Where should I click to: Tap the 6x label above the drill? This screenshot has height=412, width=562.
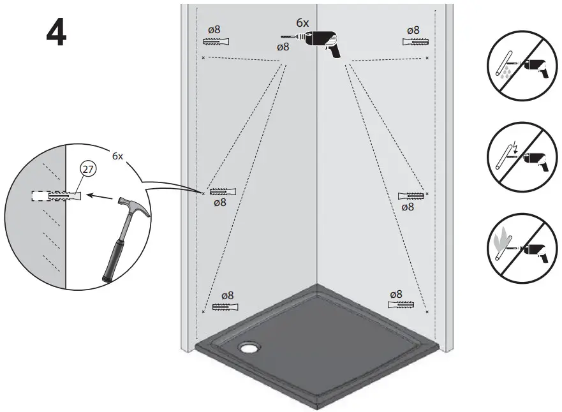pos(302,23)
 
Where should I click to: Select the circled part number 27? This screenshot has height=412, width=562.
pos(87,170)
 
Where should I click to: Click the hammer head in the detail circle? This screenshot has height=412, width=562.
pos(136,207)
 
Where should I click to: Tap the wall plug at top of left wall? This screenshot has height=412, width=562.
pos(216,41)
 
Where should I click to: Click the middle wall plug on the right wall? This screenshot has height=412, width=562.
pos(411,195)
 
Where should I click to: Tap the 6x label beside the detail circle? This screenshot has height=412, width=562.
pos(117,156)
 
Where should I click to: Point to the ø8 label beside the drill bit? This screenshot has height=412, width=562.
pos(283,47)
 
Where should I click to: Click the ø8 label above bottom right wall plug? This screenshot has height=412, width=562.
pos(396,294)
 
